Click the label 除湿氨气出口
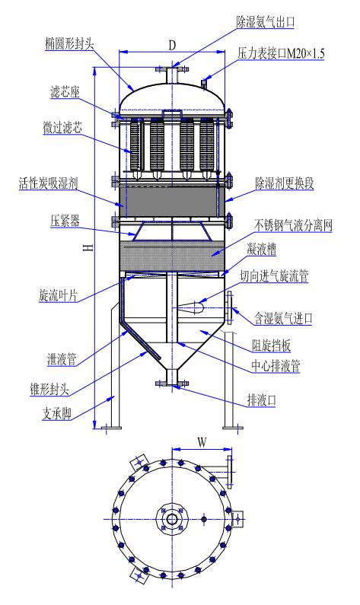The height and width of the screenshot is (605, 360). (266, 22)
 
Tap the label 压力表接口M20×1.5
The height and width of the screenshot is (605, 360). (281, 53)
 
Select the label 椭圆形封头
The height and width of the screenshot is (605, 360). (69, 43)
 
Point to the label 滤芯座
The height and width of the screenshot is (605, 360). (65, 92)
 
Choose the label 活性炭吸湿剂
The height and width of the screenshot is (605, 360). (49, 183)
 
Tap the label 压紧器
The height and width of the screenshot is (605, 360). (65, 221)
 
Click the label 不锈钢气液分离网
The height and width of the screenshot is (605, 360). (293, 225)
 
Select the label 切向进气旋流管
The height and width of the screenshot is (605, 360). (274, 276)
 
